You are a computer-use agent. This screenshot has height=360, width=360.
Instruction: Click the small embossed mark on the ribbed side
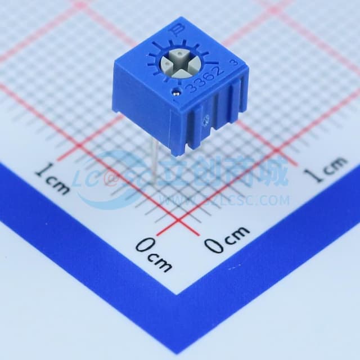(x=206, y=118)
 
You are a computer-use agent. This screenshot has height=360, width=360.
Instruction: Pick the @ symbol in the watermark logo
(x=110, y=179)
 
